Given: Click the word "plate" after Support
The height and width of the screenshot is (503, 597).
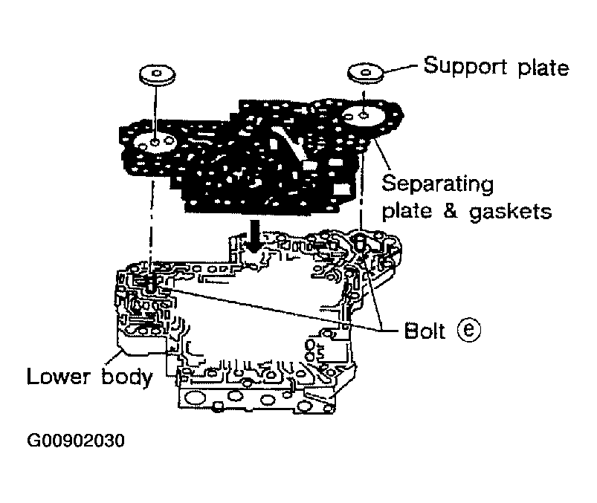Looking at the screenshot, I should coord(542,68).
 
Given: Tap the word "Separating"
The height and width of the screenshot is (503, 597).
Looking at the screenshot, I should coord(437,183).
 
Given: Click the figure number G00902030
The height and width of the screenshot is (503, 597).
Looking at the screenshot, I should coord(75,440).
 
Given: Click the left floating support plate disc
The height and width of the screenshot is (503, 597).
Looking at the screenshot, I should coord(155,75).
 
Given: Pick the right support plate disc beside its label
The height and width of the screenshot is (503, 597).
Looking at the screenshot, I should coord(365,73).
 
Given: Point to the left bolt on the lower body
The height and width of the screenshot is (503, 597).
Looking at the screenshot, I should coord(151,283).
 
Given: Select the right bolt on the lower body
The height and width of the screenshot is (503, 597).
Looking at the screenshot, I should coord(361,242).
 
